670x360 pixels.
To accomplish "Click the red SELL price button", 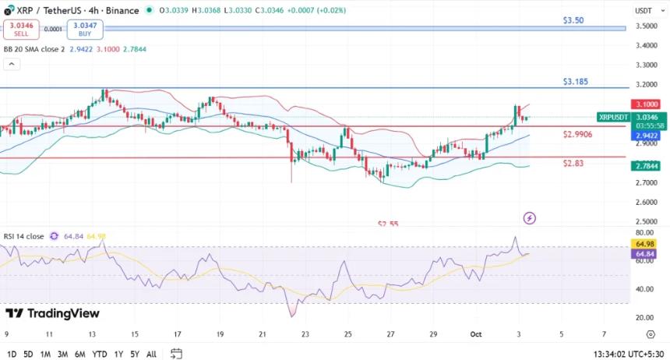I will pos(21,30).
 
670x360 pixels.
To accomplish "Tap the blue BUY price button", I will pos(85,30).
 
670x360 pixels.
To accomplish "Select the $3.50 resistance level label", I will pos(573,20).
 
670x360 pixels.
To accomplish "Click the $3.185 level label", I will pos(576,81).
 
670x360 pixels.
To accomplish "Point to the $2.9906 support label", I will pos(577,135).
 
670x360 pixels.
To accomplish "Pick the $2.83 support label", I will pos(573,164).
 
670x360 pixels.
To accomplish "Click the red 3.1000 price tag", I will pos(646,104).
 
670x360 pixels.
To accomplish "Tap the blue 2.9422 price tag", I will pos(646,135).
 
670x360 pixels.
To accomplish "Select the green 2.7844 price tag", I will pos(646,165).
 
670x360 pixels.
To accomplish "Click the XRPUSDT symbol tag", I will pos(613,117).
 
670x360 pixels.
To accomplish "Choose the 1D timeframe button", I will pos(12,354).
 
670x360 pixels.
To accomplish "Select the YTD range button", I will pos(100,354).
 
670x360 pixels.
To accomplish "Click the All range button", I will pos(151,354).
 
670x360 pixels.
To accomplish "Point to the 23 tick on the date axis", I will pos(305,334).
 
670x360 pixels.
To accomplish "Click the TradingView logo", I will pos(52,313).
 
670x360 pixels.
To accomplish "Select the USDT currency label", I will pos(644,11).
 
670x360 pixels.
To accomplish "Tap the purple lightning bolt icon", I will pos(530,218).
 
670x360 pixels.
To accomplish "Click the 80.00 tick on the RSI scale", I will pos(644,233).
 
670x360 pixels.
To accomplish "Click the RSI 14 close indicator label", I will pos(23,236).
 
